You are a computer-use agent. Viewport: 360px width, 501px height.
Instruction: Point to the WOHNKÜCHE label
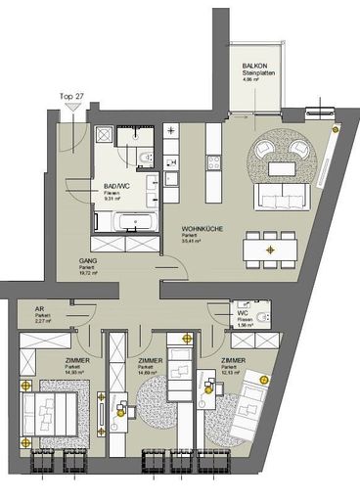click(200, 233)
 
